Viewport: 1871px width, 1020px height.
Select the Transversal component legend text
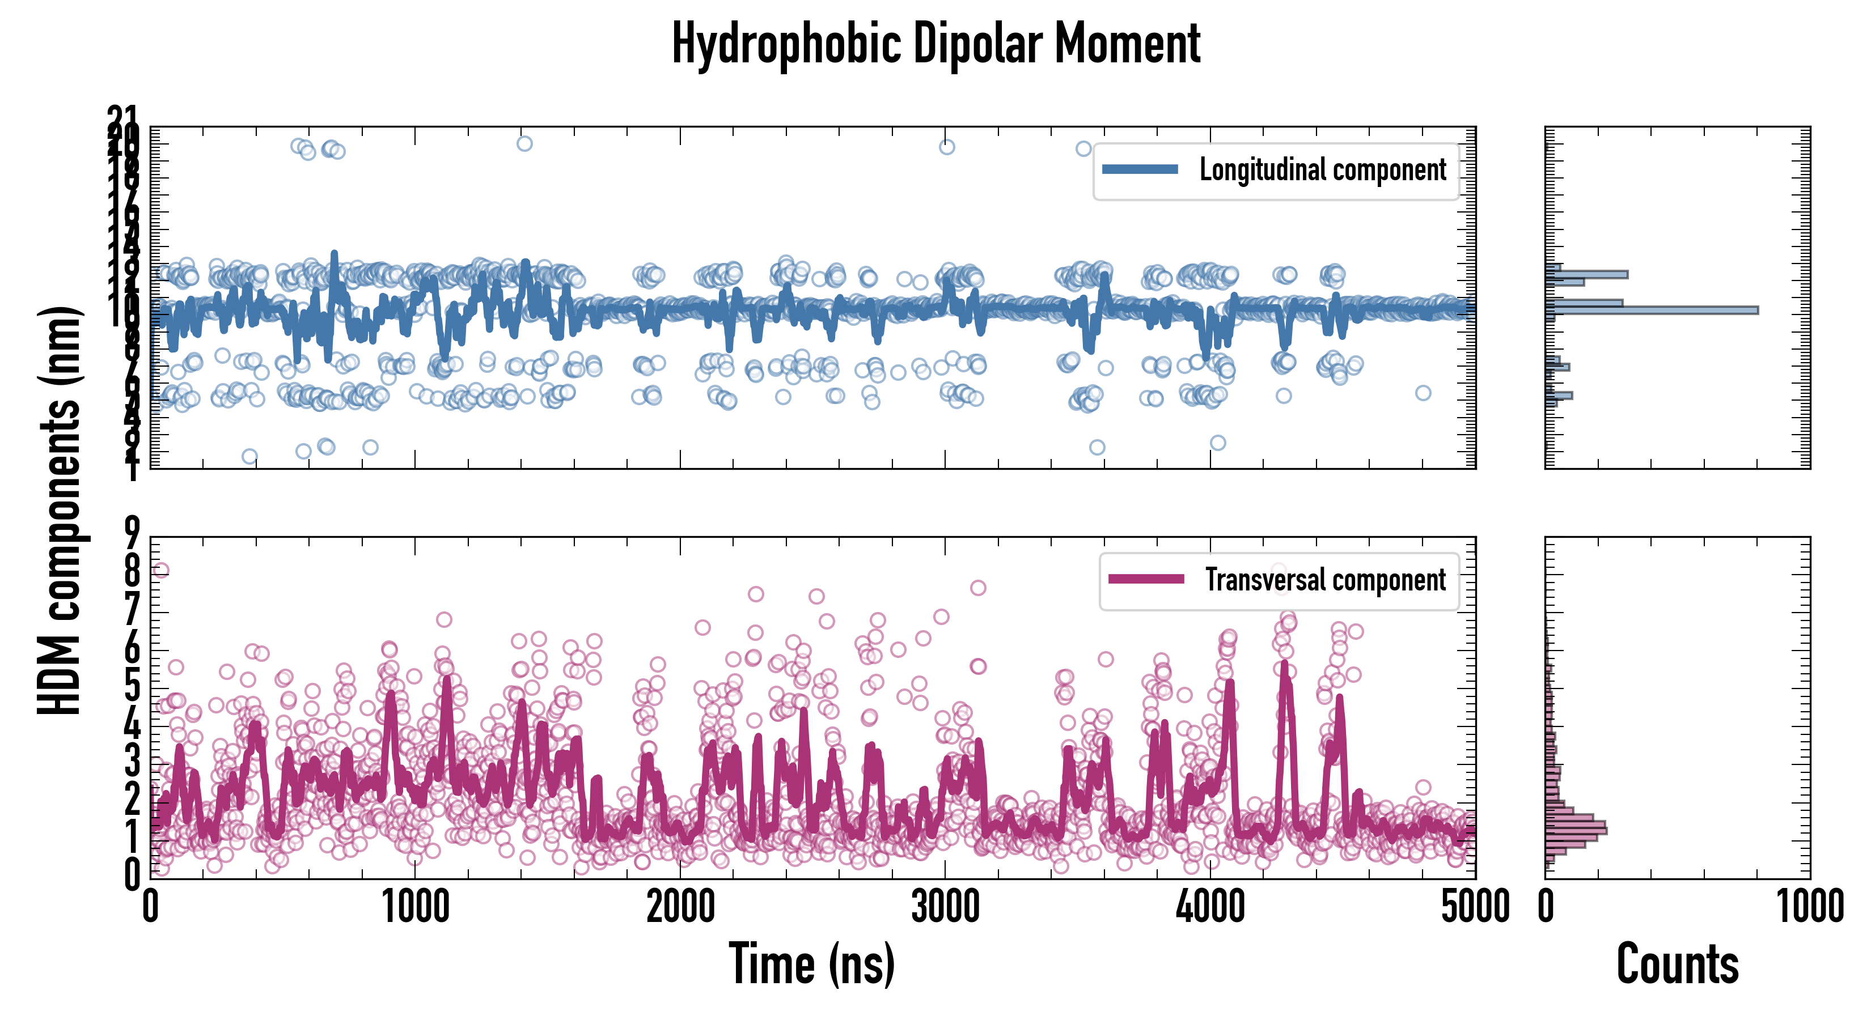[x=1326, y=580]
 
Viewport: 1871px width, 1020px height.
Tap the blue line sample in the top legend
[x=1140, y=169]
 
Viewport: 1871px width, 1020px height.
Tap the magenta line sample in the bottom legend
[x=1146, y=579]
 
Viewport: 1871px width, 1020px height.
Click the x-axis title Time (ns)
[x=811, y=964]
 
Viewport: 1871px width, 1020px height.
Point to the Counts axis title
[x=1677, y=964]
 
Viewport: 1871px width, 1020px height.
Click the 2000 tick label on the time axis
[x=680, y=907]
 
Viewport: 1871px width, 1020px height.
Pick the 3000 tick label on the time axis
[x=945, y=907]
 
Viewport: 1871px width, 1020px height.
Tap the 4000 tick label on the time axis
[x=1210, y=907]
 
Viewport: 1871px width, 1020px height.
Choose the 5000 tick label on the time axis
[x=1475, y=907]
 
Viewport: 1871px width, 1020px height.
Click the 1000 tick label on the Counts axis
[x=1809, y=907]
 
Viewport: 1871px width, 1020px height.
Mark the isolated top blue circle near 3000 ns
[x=946, y=147]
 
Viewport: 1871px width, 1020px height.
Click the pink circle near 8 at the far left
[x=160, y=571]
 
